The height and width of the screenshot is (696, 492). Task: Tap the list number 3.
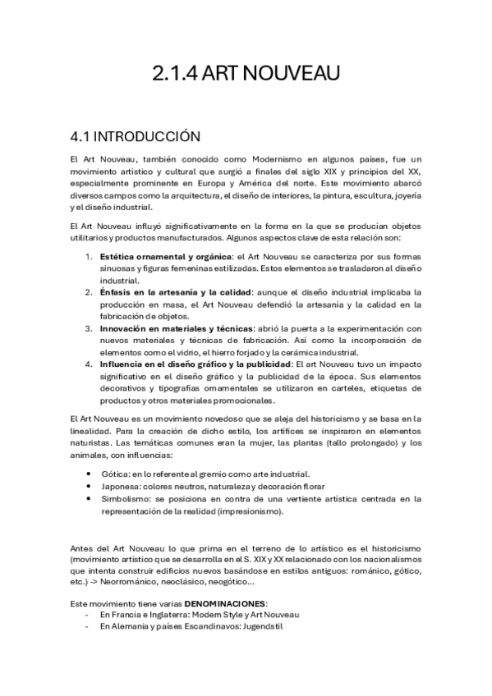click(x=90, y=328)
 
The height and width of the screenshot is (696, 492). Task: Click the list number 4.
click(x=90, y=364)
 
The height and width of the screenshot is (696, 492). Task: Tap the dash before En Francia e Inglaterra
click(x=87, y=615)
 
